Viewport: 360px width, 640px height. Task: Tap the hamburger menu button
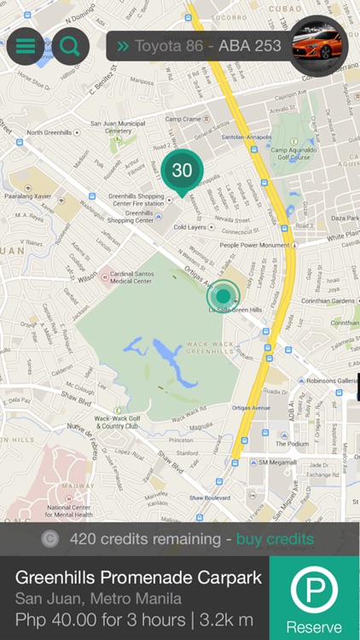[x=26, y=46]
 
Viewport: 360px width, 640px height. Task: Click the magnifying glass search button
[x=70, y=46]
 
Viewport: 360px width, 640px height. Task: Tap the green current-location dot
[x=224, y=295]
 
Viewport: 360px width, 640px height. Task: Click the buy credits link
[x=275, y=538]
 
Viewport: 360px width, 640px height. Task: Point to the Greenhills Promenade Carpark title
[x=138, y=578]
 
